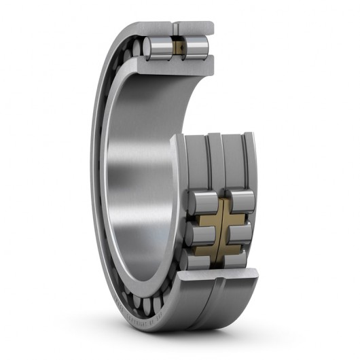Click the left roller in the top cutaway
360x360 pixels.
coord(158,49)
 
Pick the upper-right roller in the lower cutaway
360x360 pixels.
coord(242,201)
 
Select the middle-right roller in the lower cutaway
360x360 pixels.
coord(240,233)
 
